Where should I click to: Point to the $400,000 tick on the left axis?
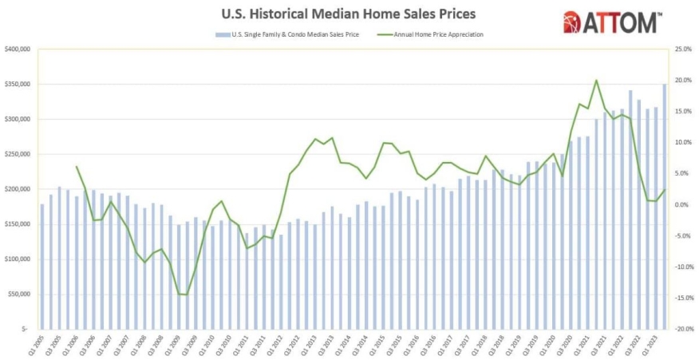tap(17, 49)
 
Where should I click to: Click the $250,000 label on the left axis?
tap(17, 154)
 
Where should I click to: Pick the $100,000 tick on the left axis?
tap(17, 259)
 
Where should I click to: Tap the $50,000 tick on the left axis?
tap(18, 295)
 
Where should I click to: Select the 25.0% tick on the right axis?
tap(684, 49)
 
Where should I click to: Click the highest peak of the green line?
tap(596, 81)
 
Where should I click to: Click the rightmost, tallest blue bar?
tap(664, 206)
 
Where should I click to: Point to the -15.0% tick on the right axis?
tap(683, 298)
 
